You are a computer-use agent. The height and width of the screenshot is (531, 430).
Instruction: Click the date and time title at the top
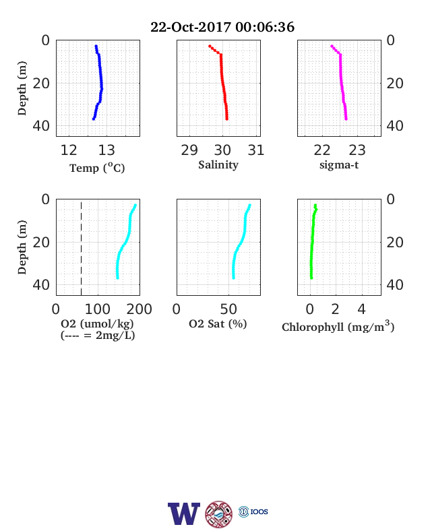222,27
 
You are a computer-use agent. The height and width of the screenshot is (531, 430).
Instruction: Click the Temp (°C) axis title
97,168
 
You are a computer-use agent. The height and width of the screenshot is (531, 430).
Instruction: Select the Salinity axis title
218,165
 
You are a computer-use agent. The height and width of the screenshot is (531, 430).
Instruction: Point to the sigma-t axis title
339,165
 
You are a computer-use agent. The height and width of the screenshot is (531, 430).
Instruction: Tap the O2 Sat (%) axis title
218,323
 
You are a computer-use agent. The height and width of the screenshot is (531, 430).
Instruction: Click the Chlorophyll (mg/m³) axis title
338,326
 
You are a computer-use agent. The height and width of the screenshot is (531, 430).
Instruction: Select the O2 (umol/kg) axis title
97,323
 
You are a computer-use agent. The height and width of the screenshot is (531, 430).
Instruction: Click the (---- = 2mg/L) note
98,336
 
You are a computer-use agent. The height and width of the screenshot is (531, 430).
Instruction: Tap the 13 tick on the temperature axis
106,150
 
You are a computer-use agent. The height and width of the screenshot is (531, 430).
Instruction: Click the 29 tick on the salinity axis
189,150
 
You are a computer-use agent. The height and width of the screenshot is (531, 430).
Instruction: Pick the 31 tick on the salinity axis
255,150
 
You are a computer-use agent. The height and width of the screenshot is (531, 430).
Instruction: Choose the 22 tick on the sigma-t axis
322,150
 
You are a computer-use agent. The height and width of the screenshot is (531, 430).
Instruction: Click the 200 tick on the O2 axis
139,309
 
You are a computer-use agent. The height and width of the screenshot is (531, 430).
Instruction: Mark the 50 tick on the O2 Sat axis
228,309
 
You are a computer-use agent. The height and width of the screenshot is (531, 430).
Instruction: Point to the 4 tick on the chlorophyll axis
362,309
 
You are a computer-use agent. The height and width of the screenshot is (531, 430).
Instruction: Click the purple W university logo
184,513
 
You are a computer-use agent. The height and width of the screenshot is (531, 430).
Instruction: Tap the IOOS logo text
259,511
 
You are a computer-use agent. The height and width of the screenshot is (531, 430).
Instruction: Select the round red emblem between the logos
219,514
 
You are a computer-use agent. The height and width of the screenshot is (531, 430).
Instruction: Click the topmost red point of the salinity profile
210,46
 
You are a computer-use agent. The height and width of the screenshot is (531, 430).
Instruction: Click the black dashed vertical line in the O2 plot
82,249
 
